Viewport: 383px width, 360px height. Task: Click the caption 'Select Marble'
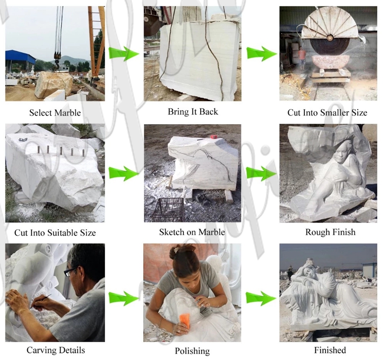55,113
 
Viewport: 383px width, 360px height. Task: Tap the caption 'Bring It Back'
192,112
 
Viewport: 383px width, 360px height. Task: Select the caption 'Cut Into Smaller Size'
327,113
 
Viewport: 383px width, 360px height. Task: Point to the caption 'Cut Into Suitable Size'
55,233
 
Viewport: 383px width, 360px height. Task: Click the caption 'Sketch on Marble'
192,232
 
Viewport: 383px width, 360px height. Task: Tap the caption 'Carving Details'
55,350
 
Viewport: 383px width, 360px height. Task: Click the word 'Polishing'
192,351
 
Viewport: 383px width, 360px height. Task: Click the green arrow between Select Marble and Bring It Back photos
123,54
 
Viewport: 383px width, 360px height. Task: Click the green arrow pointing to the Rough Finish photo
261,173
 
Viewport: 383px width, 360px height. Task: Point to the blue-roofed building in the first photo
20,60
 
